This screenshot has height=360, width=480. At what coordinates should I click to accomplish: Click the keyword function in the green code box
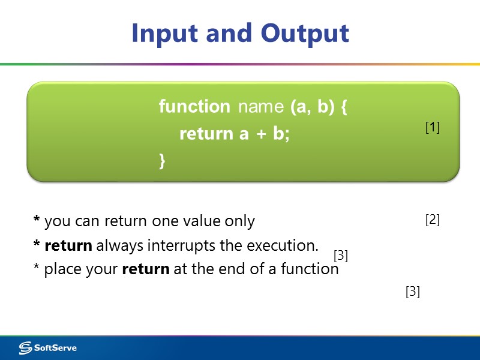tap(194, 107)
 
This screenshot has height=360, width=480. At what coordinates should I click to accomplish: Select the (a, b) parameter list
tap(308, 107)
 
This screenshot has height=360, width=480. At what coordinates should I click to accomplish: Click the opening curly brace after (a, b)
tap(344, 107)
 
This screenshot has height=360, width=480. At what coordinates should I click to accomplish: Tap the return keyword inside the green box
tap(207, 134)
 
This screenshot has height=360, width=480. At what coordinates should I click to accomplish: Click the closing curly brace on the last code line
tap(162, 160)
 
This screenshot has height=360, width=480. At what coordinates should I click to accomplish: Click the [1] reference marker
tap(433, 127)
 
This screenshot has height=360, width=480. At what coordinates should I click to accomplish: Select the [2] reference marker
tap(433, 220)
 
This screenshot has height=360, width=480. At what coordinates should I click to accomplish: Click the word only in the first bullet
tap(239, 221)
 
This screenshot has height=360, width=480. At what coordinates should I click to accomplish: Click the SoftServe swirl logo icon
tap(25, 348)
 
